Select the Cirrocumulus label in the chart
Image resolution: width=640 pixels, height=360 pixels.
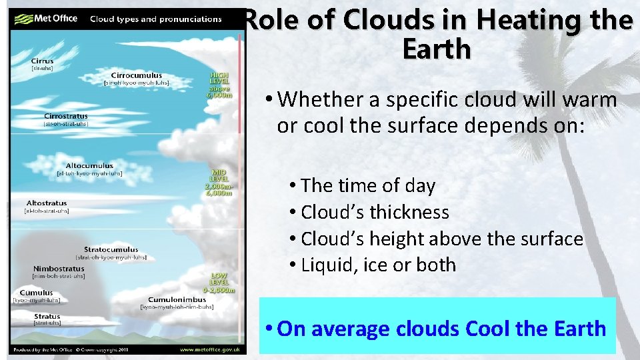136,76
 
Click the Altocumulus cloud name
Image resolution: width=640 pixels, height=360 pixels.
89,166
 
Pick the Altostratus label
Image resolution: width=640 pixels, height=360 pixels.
47,203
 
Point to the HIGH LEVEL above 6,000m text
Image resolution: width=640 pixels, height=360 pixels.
219,85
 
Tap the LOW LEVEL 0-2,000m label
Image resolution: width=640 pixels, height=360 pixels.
219,281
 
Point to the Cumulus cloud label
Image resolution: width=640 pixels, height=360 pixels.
37,293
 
